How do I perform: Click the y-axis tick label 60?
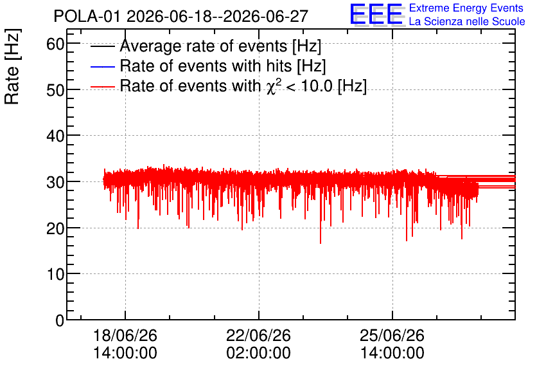click(x=55, y=44)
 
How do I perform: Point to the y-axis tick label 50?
click(x=55, y=90)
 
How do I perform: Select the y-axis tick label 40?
click(x=55, y=136)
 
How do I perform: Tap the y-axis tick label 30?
click(x=55, y=182)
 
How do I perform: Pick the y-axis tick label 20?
click(x=55, y=228)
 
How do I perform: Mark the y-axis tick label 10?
click(x=55, y=274)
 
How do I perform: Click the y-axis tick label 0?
click(x=60, y=320)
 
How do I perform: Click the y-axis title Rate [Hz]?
click(x=12, y=66)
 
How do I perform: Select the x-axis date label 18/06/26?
click(x=125, y=335)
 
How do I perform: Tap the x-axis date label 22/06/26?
click(x=259, y=335)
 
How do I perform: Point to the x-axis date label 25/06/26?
click(x=392, y=335)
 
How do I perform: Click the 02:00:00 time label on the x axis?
click(x=259, y=353)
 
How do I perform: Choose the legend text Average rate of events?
click(x=204, y=46)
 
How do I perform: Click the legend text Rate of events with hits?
click(x=206, y=66)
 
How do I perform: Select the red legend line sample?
click(x=102, y=87)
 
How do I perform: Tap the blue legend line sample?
click(x=102, y=66)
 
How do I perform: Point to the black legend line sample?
click(x=102, y=46)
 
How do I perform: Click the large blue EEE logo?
click(x=376, y=14)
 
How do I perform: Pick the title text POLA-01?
click(x=87, y=16)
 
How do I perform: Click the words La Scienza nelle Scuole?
click(x=467, y=21)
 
